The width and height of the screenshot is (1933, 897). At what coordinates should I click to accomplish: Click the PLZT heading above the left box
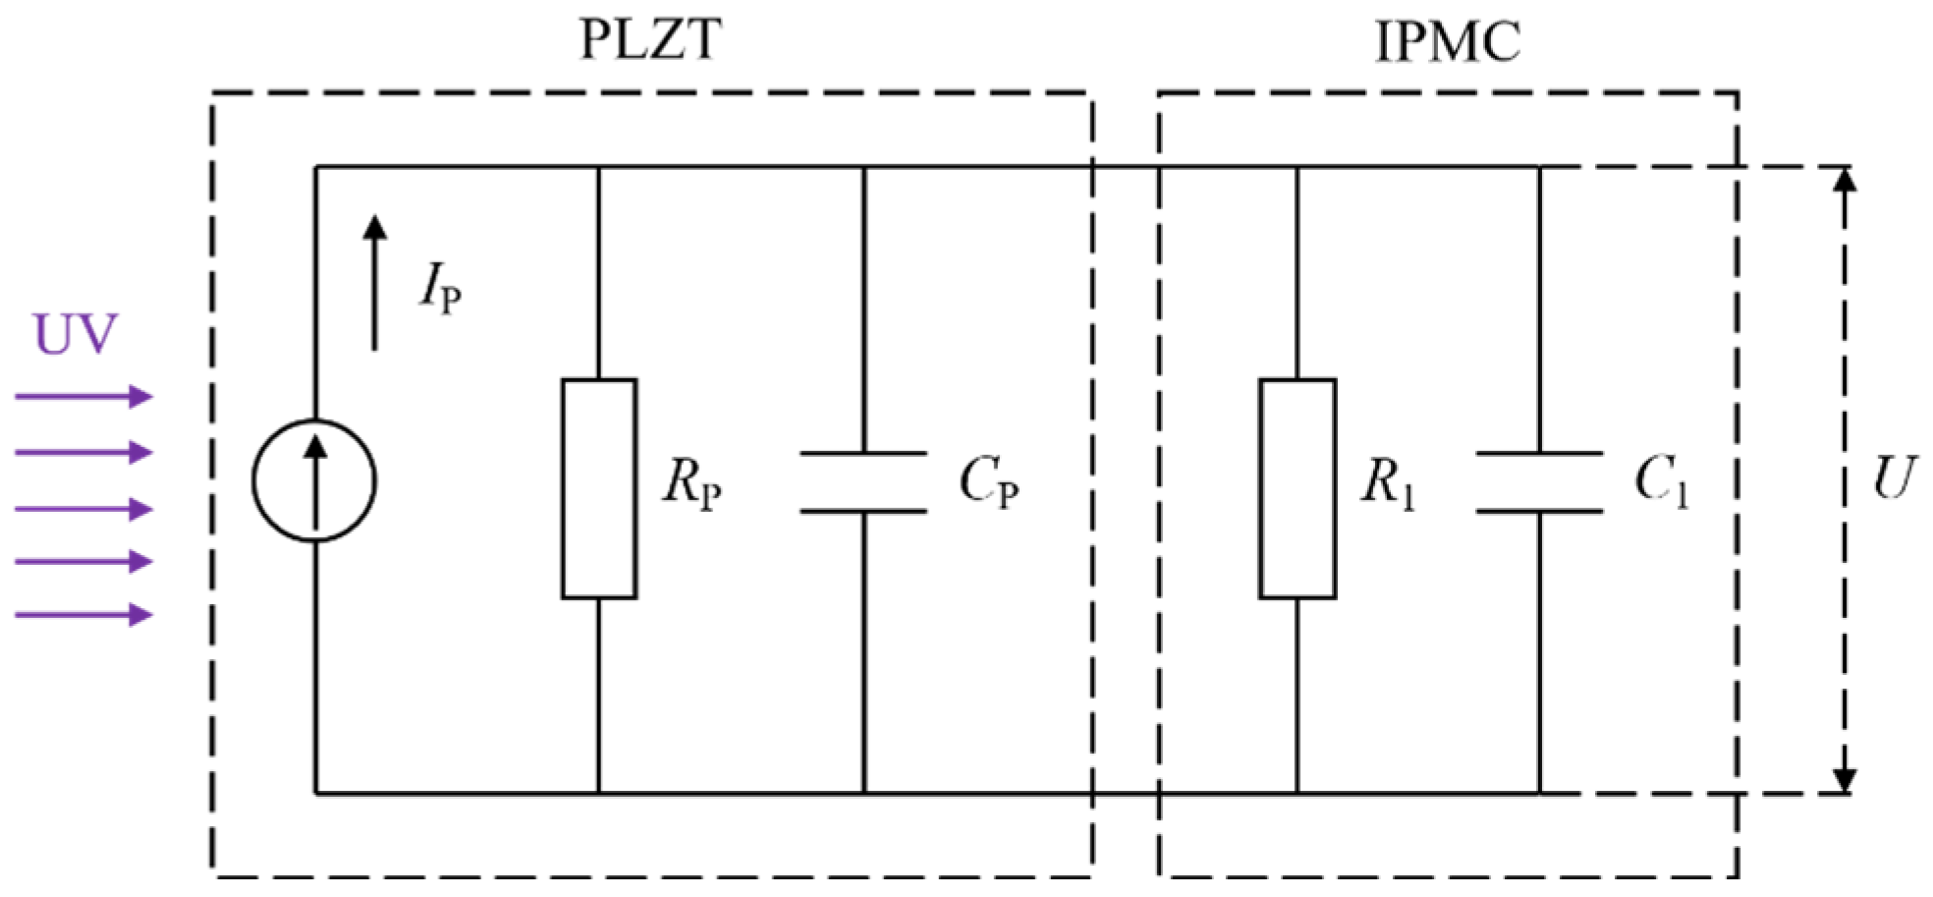click(x=649, y=41)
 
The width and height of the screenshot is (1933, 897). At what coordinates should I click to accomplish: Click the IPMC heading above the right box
click(x=1447, y=42)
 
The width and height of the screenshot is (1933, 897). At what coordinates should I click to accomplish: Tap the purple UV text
click(x=76, y=335)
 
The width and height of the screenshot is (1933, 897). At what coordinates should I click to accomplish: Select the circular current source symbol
click(x=314, y=480)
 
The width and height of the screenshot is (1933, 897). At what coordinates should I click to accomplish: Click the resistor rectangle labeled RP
click(x=599, y=488)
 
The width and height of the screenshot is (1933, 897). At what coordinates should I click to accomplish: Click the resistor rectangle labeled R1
click(x=1297, y=488)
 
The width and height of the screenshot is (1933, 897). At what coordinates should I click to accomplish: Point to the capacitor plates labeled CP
click(x=863, y=482)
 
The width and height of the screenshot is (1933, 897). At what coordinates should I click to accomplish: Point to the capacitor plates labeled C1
click(x=1539, y=482)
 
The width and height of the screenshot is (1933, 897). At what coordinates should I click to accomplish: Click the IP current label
click(x=440, y=289)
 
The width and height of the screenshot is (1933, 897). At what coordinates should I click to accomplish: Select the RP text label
click(x=691, y=483)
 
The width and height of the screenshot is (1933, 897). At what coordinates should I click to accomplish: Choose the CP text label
click(x=988, y=482)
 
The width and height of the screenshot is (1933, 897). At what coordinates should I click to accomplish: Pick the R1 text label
click(x=1387, y=483)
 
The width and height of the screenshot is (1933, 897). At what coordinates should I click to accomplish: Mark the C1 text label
click(x=1661, y=481)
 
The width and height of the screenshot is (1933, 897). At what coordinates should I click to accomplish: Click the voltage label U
click(x=1893, y=478)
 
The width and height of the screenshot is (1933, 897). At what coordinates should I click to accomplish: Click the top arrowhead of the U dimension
click(x=1846, y=181)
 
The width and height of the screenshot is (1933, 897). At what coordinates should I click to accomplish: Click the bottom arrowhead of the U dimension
click(x=1846, y=779)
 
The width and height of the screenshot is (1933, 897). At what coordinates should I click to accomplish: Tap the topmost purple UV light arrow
click(x=84, y=397)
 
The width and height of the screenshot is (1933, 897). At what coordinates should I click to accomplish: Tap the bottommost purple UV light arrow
click(x=84, y=615)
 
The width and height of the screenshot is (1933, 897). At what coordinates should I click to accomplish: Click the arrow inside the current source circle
click(x=314, y=481)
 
